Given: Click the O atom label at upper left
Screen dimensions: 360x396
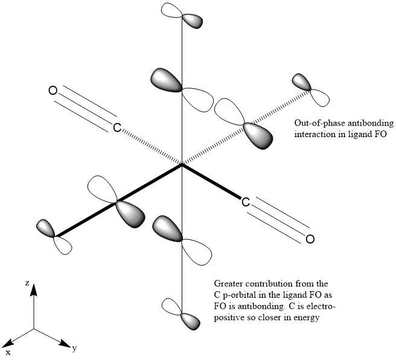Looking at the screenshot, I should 53,91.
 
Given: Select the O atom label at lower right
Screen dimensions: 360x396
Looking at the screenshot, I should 310,239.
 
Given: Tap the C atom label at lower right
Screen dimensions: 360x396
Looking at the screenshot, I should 246,202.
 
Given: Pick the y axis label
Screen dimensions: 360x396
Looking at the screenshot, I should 73,349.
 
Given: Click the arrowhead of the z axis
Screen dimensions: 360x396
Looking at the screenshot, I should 34,292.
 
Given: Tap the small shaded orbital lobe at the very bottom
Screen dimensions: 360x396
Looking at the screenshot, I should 191,321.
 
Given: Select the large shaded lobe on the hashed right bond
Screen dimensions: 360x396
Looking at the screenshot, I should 258,134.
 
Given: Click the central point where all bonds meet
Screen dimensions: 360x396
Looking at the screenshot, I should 182,164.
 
